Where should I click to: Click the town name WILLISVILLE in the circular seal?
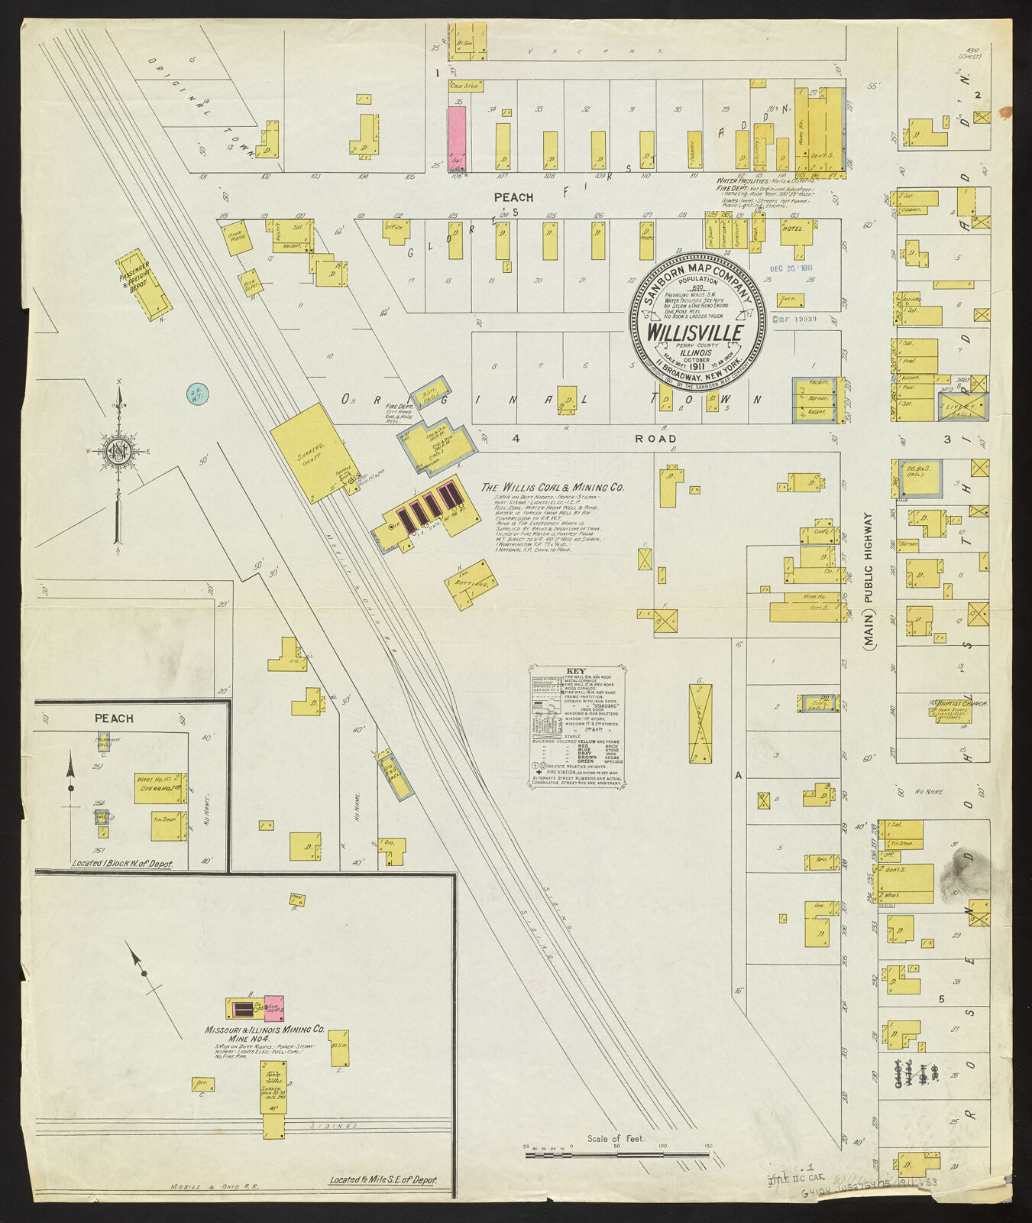(695, 333)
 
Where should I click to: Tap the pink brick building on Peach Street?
(456, 138)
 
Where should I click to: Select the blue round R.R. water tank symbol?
(198, 394)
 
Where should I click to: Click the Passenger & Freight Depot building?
(144, 284)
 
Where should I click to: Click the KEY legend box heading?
(577, 672)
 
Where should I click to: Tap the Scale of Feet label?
(616, 1138)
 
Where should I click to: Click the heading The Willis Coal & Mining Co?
(554, 487)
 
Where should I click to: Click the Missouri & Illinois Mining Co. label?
(264, 1030)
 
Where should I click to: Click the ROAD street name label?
(656, 439)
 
